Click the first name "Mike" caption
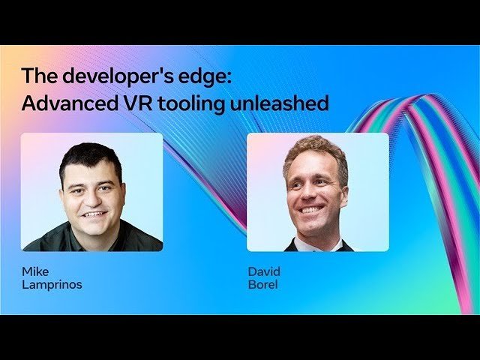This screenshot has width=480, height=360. pos(35,271)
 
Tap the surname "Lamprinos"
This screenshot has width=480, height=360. pos(52,285)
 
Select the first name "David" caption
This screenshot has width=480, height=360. pos(264,271)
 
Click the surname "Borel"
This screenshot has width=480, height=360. pos(262,285)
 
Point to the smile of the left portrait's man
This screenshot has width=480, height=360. pos(94,214)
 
